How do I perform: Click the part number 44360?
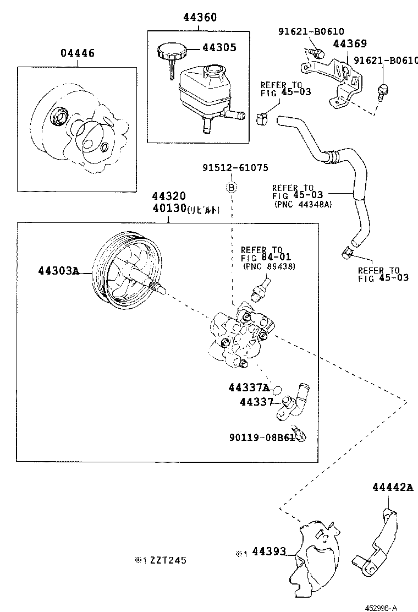pos(200,18)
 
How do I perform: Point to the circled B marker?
pos(232,188)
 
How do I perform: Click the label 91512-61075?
pos(235,168)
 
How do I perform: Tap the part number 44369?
pos(350,43)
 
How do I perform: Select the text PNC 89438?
pos(269,267)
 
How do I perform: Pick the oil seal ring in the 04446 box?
pos(58,117)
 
